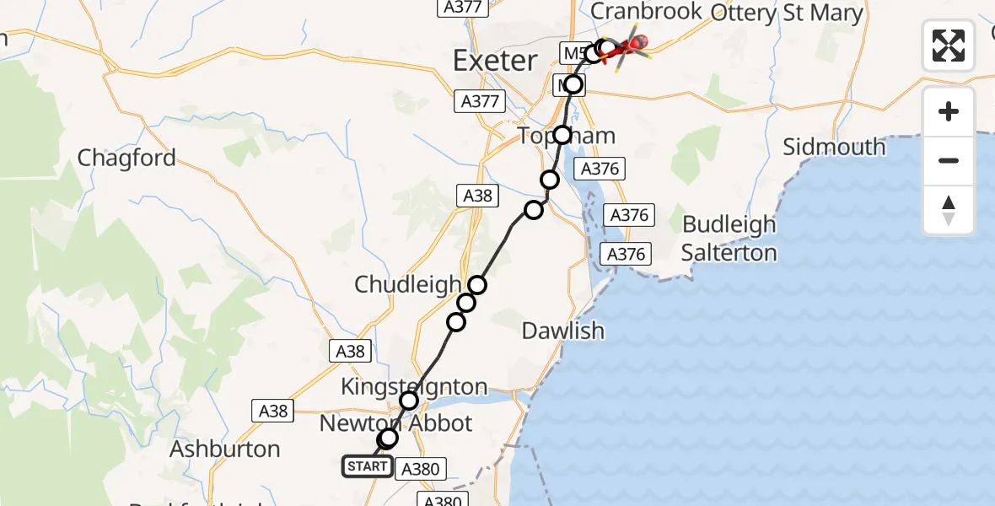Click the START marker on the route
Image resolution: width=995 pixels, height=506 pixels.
tap(367, 466)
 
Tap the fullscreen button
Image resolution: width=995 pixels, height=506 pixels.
tap(949, 46)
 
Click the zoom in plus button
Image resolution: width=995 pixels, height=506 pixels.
tap(949, 111)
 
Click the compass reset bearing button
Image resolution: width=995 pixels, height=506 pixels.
tap(949, 210)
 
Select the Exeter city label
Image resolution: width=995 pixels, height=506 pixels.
tap(495, 61)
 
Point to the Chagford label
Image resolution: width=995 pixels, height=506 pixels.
tap(126, 158)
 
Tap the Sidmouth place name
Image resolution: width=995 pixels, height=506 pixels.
tap(834, 147)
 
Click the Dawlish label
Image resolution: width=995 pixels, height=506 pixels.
tap(562, 331)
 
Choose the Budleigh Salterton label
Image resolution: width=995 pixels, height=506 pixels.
tap(729, 239)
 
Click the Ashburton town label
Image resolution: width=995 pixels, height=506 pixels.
tap(224, 449)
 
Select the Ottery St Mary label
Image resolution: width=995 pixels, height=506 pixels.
tap(787, 13)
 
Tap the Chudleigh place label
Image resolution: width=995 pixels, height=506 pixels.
tap(407, 284)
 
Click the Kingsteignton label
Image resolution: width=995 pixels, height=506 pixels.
tap(413, 386)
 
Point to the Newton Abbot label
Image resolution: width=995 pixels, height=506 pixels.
tap(395, 423)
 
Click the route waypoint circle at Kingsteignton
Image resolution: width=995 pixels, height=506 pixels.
tap(409, 400)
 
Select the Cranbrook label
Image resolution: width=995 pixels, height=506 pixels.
tap(646, 11)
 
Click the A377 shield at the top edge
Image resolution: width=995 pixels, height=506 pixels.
tap(462, 7)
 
